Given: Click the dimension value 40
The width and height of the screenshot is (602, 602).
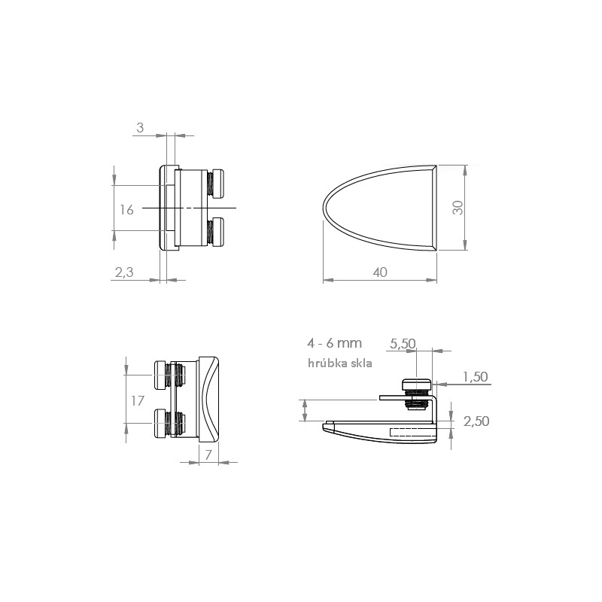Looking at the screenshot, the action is pos(380,272).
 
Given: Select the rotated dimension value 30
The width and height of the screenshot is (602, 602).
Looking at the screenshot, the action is pos(458,208).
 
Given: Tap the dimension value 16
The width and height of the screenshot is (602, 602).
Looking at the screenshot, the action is pos(126,210).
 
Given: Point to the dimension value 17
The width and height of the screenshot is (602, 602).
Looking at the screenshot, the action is pos(138,401).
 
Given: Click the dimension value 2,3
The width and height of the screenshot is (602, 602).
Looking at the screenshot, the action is pos(124,272).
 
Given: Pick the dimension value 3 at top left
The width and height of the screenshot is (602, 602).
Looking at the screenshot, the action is pos(140,128).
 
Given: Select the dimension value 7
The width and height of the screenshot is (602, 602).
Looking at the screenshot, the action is pos(208,455).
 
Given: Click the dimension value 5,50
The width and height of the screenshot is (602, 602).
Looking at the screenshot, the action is pos(403,343).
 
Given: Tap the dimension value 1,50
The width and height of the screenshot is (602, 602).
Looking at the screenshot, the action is pos(476,377).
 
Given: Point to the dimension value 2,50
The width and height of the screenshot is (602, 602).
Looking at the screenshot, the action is pos(476,421).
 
